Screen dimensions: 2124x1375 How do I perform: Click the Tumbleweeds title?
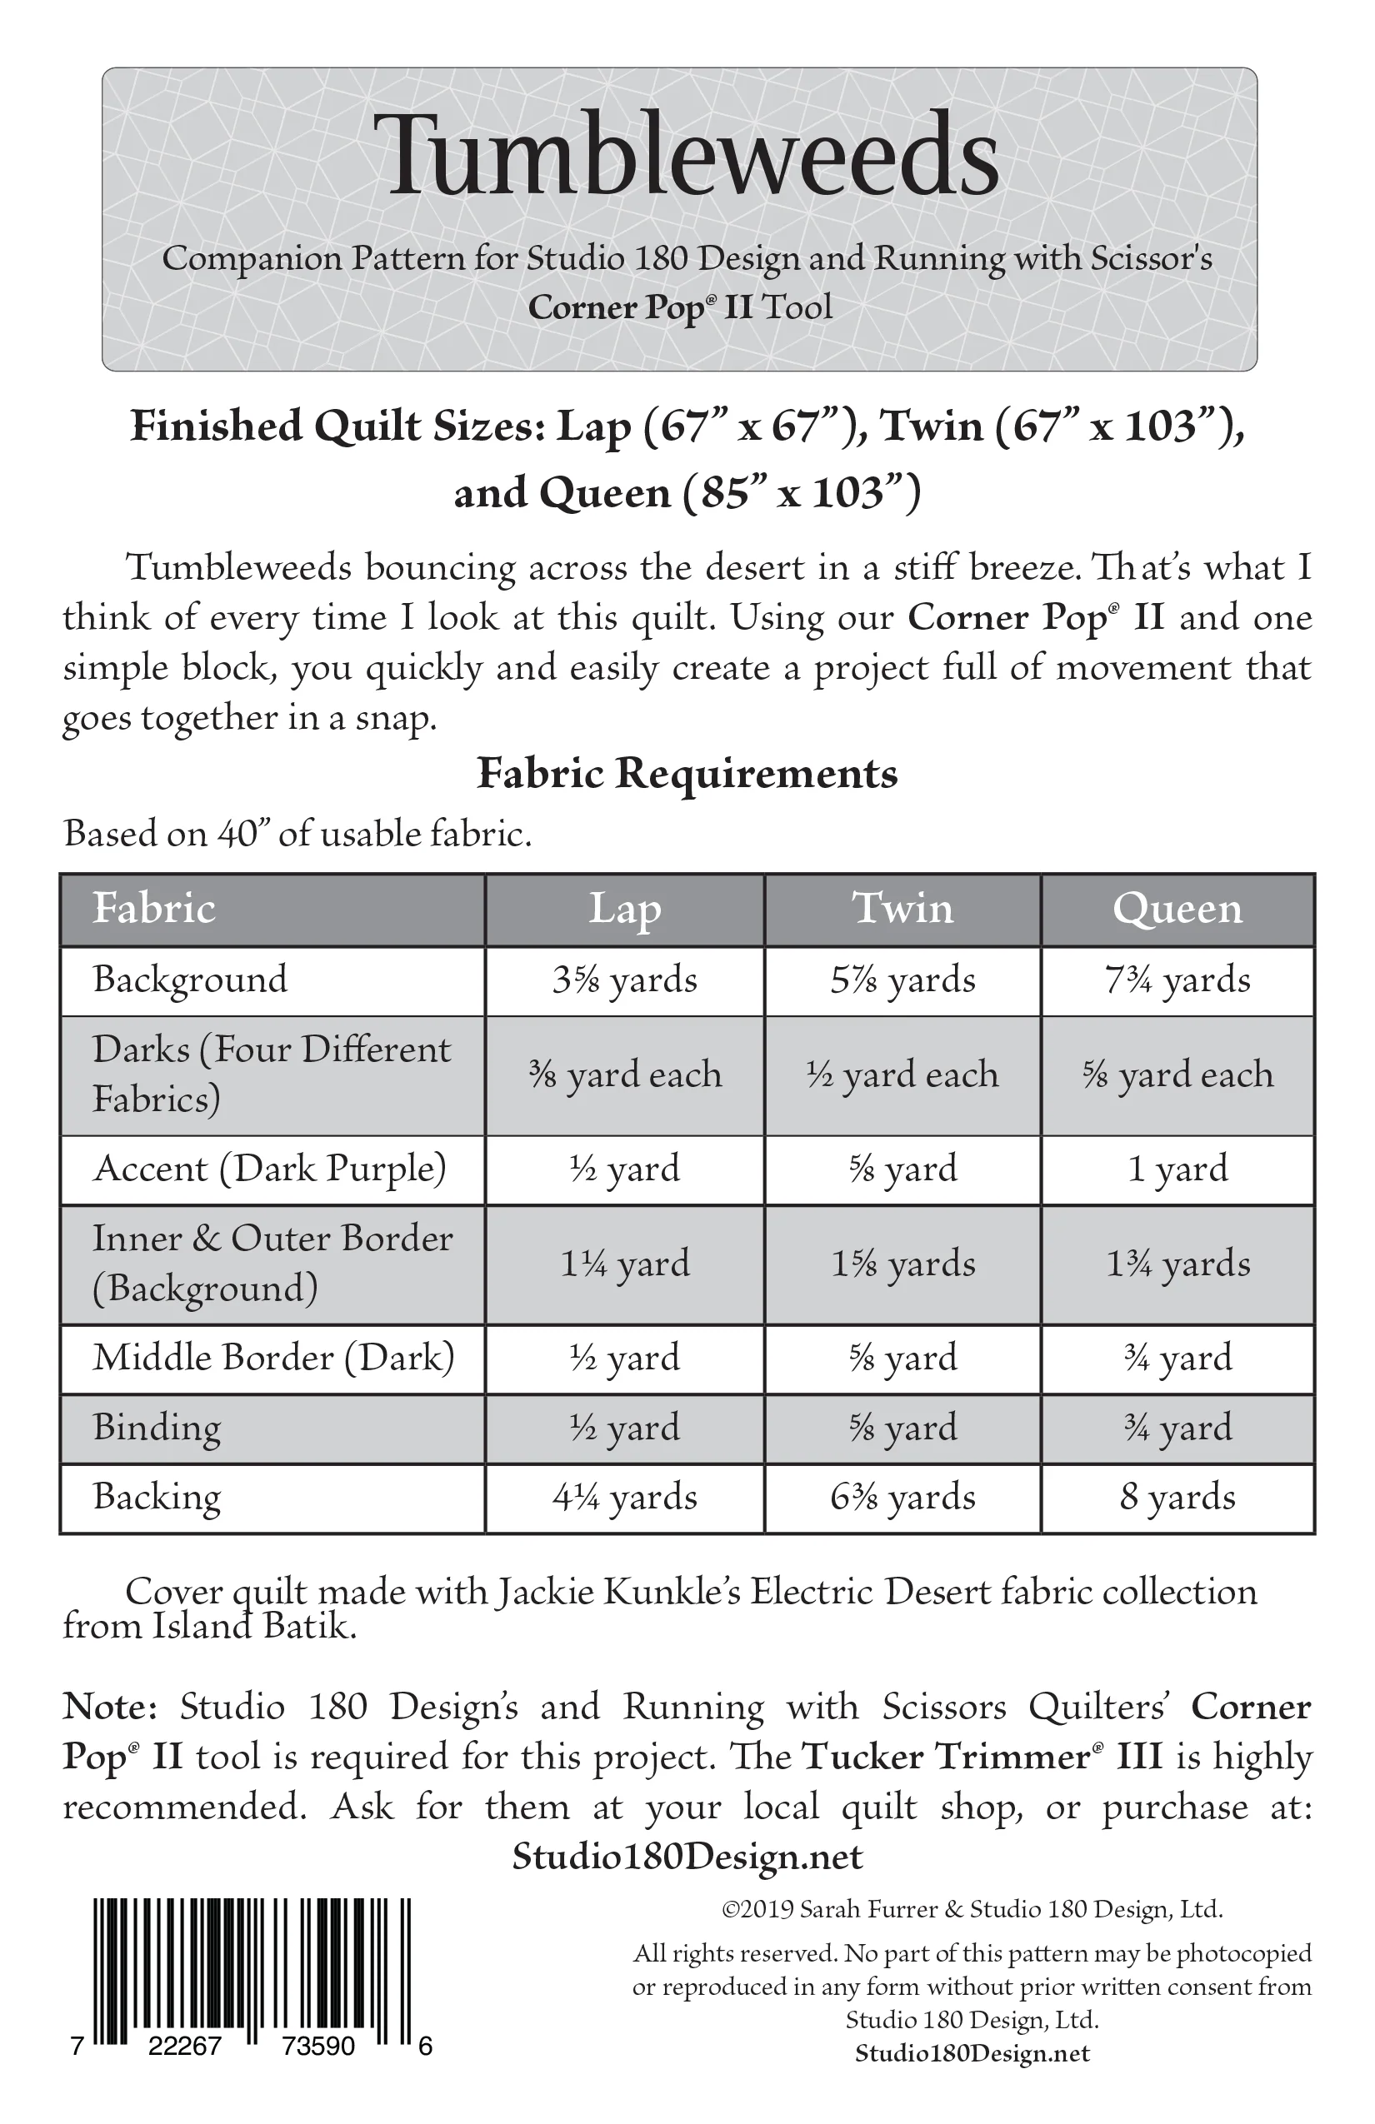click(x=686, y=157)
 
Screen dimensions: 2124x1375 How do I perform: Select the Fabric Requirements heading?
click(x=687, y=773)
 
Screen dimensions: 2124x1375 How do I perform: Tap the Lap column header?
click(x=625, y=910)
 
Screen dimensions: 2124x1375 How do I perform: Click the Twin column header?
click(x=902, y=910)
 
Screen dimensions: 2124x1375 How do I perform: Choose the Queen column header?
click(x=1177, y=910)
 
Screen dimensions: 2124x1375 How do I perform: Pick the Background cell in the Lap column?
click(x=625, y=980)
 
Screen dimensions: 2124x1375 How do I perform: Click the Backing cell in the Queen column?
click(x=1177, y=1497)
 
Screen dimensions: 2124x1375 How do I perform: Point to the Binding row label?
click(x=157, y=1427)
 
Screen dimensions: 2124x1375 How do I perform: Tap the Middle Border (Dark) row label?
click(x=273, y=1358)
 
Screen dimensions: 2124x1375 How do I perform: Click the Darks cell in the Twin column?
click(x=902, y=1074)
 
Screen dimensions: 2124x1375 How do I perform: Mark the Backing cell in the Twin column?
click(x=902, y=1497)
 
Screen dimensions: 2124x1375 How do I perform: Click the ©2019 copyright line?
click(x=972, y=1909)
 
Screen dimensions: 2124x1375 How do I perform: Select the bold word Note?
click(x=109, y=1707)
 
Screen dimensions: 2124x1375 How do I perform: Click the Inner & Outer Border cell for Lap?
click(x=625, y=1264)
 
